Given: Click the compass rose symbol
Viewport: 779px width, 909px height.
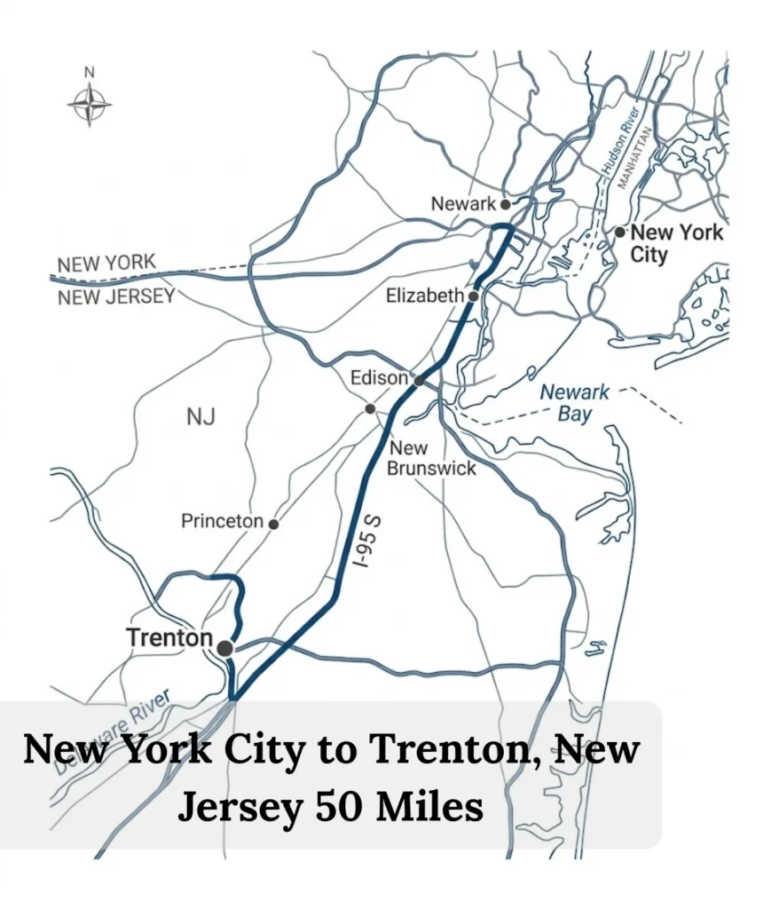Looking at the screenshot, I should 90,104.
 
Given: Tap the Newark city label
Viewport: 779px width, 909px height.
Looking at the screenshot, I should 462,203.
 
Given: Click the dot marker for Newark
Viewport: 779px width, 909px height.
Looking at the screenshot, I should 506,203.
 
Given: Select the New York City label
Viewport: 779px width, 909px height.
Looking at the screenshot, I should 675,243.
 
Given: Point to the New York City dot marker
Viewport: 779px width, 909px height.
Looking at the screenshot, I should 619,232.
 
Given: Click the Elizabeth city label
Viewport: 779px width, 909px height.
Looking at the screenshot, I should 425,296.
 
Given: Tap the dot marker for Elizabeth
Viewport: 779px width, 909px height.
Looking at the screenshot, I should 474,296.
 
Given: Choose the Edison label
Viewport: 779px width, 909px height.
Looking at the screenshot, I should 379,378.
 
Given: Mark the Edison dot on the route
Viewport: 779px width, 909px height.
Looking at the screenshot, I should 418,381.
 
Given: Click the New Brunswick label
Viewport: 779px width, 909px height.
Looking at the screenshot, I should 432,458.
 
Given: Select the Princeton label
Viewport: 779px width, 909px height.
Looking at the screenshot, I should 222,521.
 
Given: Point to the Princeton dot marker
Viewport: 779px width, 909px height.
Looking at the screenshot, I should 273,524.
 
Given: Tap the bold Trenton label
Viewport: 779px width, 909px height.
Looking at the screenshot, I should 169,637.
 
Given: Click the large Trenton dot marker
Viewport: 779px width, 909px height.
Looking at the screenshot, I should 224,649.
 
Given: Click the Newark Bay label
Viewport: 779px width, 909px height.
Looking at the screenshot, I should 575,402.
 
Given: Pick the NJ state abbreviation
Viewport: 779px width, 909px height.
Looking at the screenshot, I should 201,416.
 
